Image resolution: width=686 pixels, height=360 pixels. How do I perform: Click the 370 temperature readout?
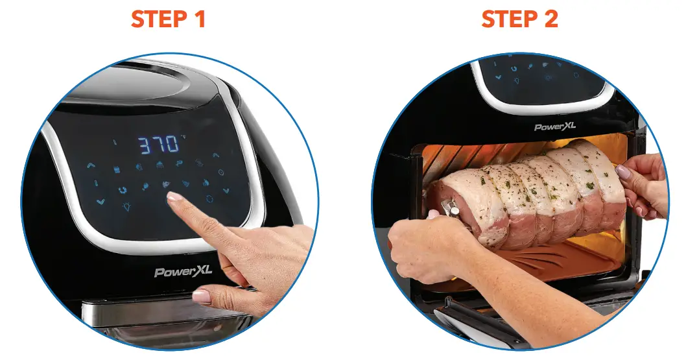[158, 144]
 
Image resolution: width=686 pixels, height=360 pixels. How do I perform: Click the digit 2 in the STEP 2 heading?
[549, 19]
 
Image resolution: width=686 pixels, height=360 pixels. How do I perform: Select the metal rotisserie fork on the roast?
[448, 209]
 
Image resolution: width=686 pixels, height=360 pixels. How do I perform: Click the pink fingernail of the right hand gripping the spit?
[623, 173]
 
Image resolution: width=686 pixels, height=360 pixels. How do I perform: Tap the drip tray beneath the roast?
[538, 259]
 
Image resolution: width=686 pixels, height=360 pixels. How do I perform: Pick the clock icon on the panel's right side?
[220, 173]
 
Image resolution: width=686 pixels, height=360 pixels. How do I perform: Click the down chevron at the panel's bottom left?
[100, 202]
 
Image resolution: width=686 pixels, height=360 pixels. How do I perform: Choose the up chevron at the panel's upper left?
[90, 166]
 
